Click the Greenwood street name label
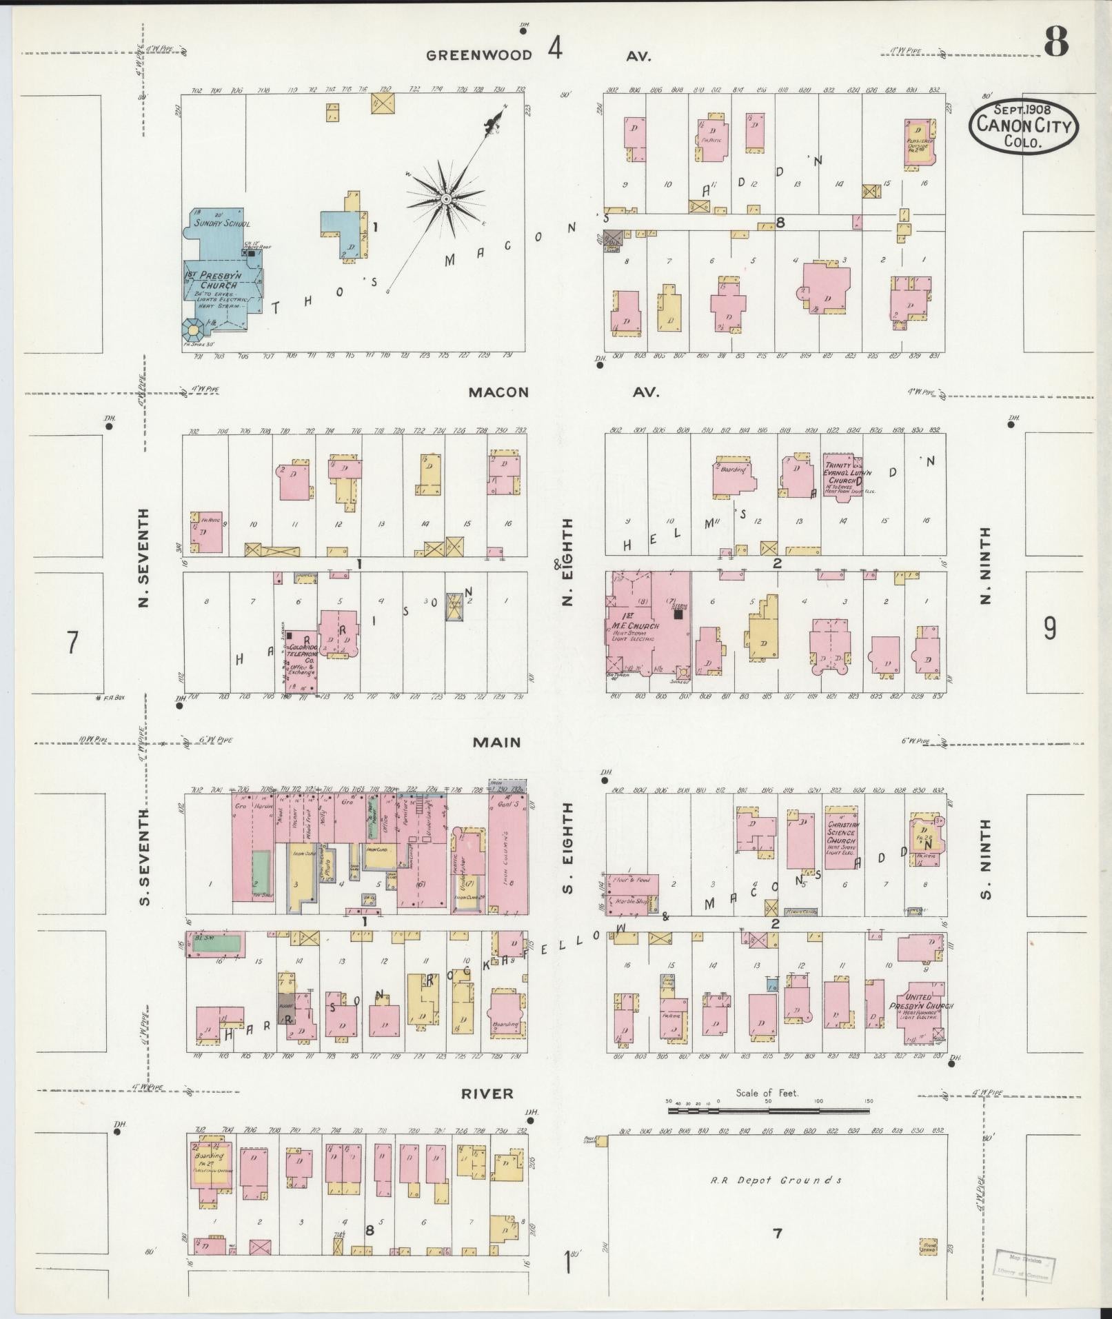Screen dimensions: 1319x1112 (x=478, y=56)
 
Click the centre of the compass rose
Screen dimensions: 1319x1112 (x=446, y=199)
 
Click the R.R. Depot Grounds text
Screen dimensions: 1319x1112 (x=776, y=1180)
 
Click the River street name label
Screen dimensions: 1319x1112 (x=488, y=1094)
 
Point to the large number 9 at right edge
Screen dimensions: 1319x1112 (x=1049, y=628)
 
